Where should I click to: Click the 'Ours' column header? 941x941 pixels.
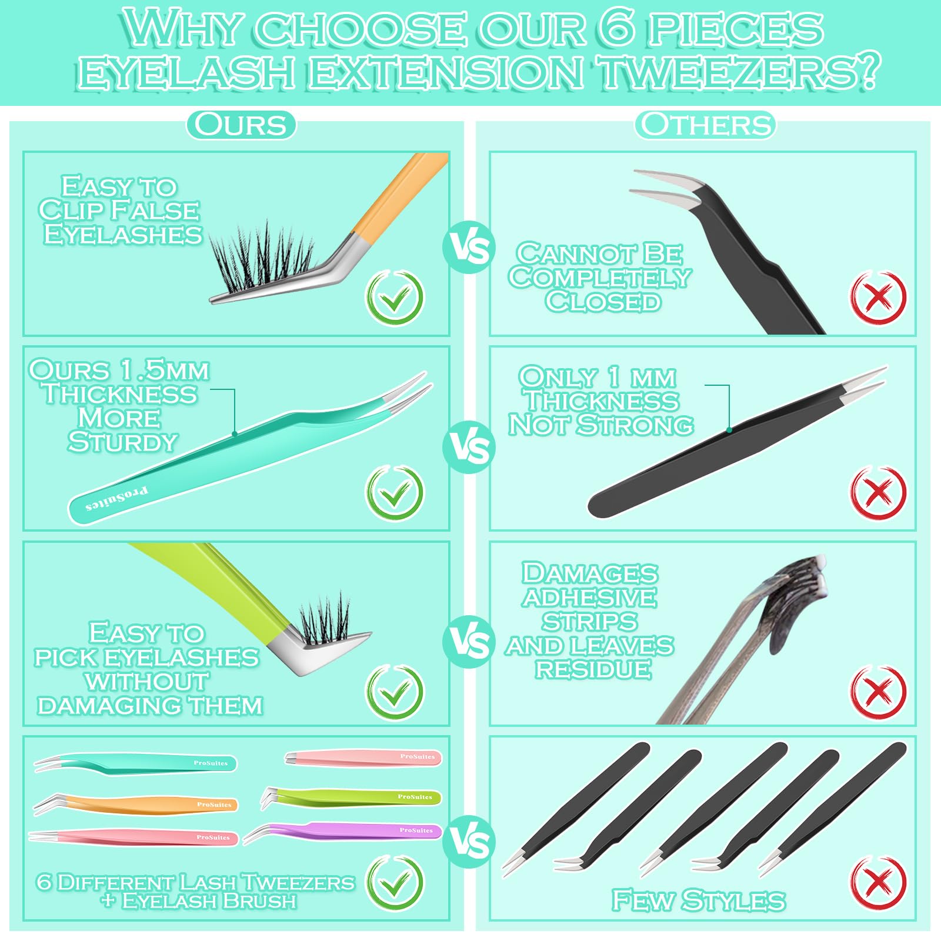[x=241, y=125]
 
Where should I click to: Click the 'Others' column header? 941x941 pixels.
[x=705, y=125]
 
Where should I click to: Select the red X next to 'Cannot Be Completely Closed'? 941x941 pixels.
[x=878, y=297]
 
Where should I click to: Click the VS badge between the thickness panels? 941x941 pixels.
[x=469, y=448]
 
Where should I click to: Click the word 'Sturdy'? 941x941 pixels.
[x=122, y=442]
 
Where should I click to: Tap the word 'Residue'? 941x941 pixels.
[x=593, y=669]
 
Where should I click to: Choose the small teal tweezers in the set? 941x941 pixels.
[x=135, y=763]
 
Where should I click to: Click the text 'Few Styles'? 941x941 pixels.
[x=699, y=900]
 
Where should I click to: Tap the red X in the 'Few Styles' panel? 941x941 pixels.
[x=878, y=883]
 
